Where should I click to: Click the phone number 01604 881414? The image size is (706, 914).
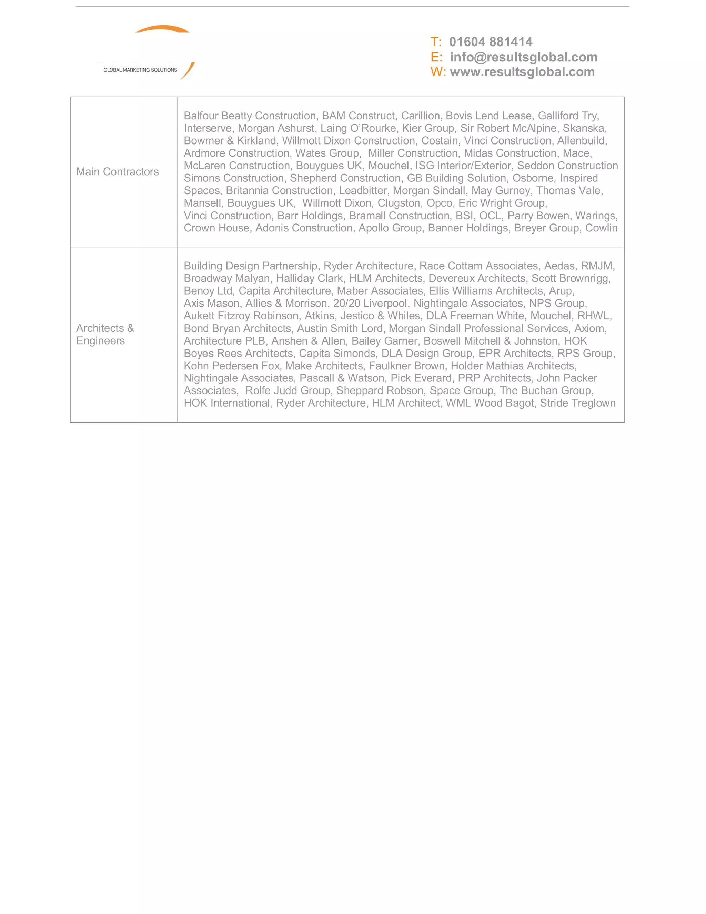[490, 42]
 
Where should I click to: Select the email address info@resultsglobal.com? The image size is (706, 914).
[523, 57]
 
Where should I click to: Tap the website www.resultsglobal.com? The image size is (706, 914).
[522, 72]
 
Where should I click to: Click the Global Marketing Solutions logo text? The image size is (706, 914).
[140, 70]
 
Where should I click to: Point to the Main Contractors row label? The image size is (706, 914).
[118, 171]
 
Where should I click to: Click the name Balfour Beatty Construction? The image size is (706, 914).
[250, 116]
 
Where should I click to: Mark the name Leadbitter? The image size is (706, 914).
[363, 190]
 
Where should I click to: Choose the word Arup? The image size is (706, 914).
[561, 290]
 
